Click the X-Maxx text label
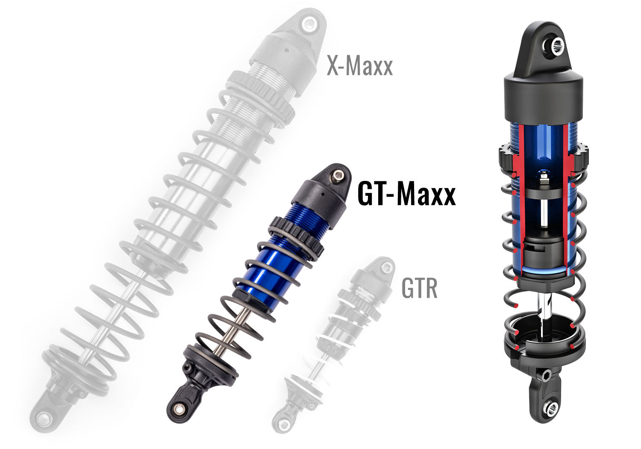coord(359,67)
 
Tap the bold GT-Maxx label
coord(406,194)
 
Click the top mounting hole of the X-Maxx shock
coord(308,24)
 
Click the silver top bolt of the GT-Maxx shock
coord(338,175)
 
